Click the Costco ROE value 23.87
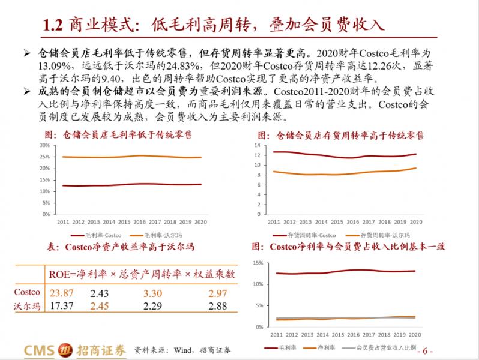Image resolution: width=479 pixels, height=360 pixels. click(61, 293)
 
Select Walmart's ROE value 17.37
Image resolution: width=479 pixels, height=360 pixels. click(61, 307)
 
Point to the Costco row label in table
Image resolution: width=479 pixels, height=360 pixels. click(27, 293)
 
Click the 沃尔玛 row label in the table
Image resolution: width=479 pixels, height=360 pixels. click(27, 307)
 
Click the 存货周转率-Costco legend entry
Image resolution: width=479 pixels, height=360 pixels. click(313, 235)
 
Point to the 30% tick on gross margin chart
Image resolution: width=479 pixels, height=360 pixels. click(45, 146)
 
